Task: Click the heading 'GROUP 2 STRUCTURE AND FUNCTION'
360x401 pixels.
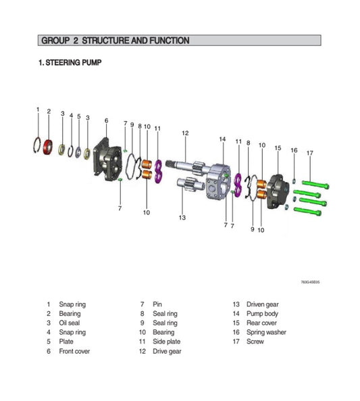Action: [x=115, y=41]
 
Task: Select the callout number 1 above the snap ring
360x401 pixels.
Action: [x=38, y=109]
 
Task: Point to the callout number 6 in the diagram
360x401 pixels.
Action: [x=106, y=120]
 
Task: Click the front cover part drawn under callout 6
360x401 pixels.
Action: [x=107, y=160]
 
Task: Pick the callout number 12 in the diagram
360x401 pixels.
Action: [x=184, y=133]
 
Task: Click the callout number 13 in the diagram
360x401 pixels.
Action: [x=182, y=217]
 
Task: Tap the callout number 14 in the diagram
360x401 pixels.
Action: [x=222, y=139]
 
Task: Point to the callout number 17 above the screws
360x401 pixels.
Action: [x=309, y=153]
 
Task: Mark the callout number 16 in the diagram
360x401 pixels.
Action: [x=294, y=150]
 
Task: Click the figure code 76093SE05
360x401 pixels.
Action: [x=310, y=282]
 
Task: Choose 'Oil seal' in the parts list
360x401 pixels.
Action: [x=70, y=323]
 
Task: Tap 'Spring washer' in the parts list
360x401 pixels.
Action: [x=267, y=332]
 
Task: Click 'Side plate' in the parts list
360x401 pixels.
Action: [x=166, y=341]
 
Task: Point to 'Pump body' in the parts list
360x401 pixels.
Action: [x=263, y=313]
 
